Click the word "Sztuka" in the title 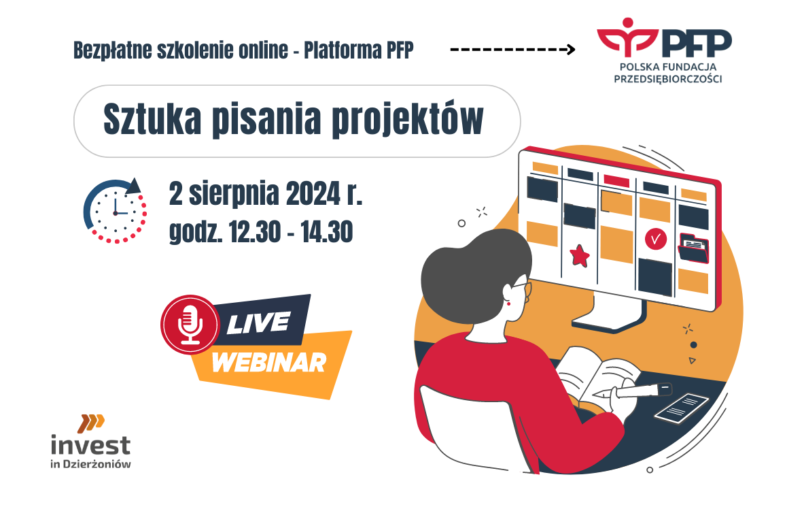(x=152, y=120)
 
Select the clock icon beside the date (x=116, y=210)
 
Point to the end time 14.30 (x=327, y=231)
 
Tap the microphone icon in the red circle (x=190, y=325)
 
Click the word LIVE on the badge (x=258, y=323)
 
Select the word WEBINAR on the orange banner (x=269, y=363)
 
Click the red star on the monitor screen (x=580, y=255)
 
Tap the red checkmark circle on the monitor (x=655, y=239)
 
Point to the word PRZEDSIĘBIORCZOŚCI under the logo (x=667, y=79)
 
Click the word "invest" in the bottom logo (x=90, y=445)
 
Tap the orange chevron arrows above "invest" (x=91, y=423)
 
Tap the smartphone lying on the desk (x=682, y=407)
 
